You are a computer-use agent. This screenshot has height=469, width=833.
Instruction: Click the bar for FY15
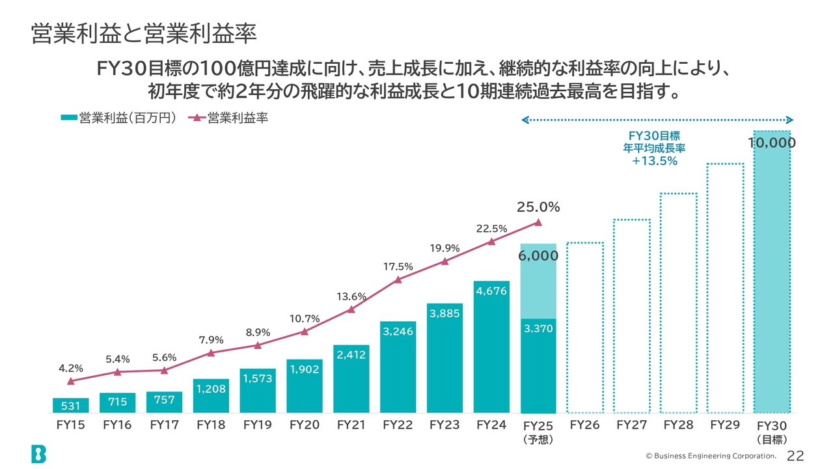pos(70,405)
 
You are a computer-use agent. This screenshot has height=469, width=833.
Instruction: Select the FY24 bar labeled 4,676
pos(491,347)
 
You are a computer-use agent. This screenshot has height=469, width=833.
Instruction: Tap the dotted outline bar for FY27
pos(631,316)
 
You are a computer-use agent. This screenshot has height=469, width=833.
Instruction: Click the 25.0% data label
pos(538,207)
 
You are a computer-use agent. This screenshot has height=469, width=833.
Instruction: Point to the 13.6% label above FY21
pos(351,297)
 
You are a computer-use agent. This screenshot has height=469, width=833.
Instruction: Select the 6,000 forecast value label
pos(538,256)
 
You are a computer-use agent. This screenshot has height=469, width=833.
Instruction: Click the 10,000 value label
pos(772,143)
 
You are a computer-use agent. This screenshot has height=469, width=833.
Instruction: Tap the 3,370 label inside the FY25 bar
pos(538,329)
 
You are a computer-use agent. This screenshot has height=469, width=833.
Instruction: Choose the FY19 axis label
pos(258,425)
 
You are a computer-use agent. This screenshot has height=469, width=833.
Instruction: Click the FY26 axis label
pos(584,425)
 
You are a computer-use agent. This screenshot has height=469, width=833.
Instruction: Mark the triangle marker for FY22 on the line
pos(398,279)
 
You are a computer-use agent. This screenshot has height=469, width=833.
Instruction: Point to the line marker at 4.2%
pos(70,381)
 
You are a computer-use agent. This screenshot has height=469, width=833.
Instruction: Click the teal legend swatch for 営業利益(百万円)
pos(68,118)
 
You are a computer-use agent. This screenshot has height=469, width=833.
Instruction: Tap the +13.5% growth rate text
pos(655,161)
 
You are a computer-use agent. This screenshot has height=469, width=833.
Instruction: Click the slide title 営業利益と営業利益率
pos(143,35)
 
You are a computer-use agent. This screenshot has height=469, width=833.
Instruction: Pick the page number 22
pos(795,455)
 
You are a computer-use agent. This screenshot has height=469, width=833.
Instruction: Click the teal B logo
pos(38,453)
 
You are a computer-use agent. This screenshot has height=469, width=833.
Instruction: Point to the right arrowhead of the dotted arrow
pos(789,119)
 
